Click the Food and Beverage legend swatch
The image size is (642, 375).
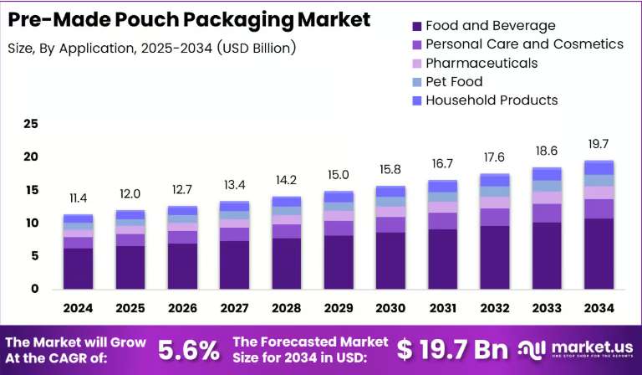pos(417,26)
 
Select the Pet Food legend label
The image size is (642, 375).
pos(454,81)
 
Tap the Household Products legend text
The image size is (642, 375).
pos(492,100)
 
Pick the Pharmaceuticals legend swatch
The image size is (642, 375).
pos(417,64)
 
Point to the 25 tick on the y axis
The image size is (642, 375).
pos(31,124)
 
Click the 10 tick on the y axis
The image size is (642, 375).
pos(31,223)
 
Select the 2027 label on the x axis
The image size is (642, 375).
pos(235,308)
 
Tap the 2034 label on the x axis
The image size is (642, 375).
pos(599,308)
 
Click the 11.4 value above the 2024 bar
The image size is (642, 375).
pos(79,198)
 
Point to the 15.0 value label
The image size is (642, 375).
pos(339,175)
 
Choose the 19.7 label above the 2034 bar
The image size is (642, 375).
pos(599,144)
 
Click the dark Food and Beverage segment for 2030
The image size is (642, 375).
pos(390,260)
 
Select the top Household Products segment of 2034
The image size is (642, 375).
pos(599,168)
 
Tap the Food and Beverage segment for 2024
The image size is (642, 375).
pos(79,269)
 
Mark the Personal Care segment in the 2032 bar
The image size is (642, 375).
pos(495,217)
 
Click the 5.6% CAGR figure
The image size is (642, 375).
pos(189,351)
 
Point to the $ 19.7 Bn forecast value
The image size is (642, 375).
pos(452,350)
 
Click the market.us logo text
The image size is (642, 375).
pos(592,348)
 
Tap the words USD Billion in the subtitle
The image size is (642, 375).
pos(257,49)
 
